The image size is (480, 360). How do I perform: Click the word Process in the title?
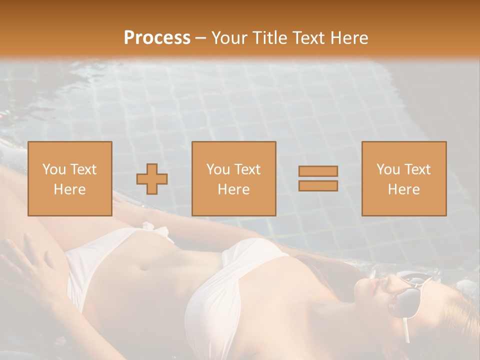(157, 37)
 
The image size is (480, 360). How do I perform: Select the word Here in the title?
(349, 38)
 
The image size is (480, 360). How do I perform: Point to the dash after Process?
(201, 38)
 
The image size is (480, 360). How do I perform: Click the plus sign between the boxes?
(152, 179)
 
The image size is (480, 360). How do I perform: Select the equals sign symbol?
(318, 178)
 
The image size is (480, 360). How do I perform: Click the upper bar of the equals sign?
(318, 171)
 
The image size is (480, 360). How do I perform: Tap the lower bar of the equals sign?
(318, 185)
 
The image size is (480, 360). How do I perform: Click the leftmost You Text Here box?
(69, 179)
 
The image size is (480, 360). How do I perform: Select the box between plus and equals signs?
(233, 179)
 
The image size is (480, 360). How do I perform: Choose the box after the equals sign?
(403, 179)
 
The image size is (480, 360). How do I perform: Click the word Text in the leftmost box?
(83, 169)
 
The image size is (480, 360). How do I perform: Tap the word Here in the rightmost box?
(403, 189)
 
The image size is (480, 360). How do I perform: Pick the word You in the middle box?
(218, 169)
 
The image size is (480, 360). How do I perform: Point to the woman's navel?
(144, 267)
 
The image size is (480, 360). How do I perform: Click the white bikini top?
(235, 280)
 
